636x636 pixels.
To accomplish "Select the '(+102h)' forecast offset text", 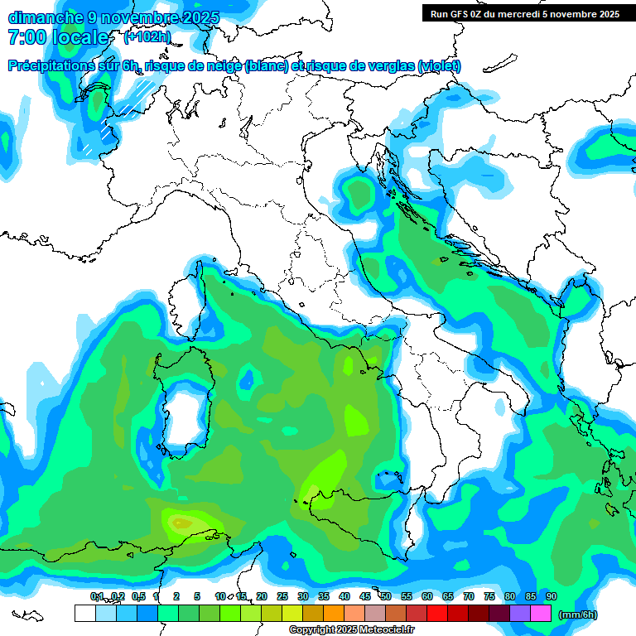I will tap(147, 37).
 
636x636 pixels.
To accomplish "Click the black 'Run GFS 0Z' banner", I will tap(524, 13).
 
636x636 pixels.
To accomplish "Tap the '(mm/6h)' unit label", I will tap(578, 614).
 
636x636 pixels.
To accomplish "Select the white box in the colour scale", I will tap(84, 614).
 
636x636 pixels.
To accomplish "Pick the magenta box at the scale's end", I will tap(541, 614).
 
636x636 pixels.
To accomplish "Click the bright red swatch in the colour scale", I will tap(437, 614).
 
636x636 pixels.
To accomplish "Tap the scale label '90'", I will tap(552, 596).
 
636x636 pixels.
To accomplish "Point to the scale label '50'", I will tap(386, 596).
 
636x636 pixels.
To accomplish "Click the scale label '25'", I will tap(282, 596).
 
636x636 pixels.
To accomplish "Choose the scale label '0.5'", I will tap(138, 596).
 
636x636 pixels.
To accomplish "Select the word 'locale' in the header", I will tap(80, 37).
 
